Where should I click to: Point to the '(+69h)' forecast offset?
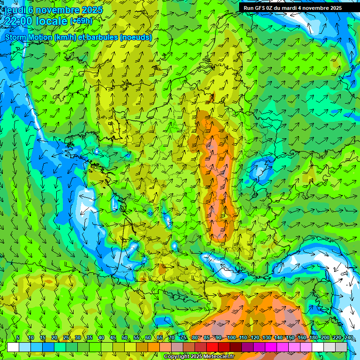[x=81, y=21]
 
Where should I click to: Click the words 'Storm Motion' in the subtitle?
[x=28, y=37]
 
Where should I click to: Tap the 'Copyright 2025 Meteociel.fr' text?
[x=199, y=357]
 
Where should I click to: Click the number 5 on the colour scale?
[x=18, y=338]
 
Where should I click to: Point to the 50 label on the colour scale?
[x=125, y=338]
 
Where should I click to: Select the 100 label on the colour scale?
[x=232, y=338]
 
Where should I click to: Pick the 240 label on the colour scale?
[x=348, y=338]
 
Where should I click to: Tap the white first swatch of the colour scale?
[x=13, y=347]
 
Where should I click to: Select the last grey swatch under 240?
[x=341, y=347]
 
